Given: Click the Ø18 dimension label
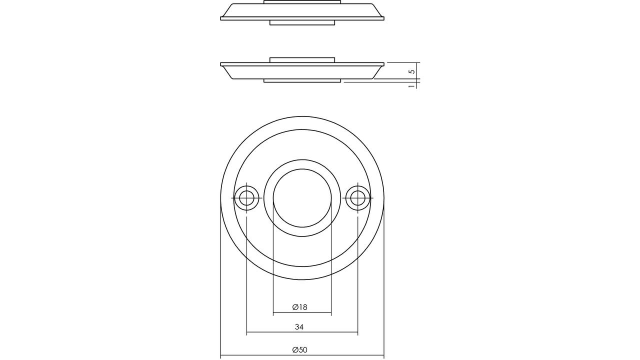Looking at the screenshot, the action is [x=299, y=307].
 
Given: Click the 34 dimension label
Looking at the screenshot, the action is [x=299, y=327].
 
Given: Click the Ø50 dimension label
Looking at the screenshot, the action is [x=299, y=349].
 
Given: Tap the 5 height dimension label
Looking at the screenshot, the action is [x=412, y=71].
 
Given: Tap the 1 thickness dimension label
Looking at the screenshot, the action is [x=411, y=85].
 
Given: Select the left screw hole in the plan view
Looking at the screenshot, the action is [x=246, y=198].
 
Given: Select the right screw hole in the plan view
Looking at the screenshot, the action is [x=357, y=198].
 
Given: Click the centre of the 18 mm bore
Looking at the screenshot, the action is [x=302, y=198].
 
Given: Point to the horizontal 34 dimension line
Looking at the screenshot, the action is [x=302, y=332].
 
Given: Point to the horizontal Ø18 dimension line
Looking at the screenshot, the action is [x=302, y=312].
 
